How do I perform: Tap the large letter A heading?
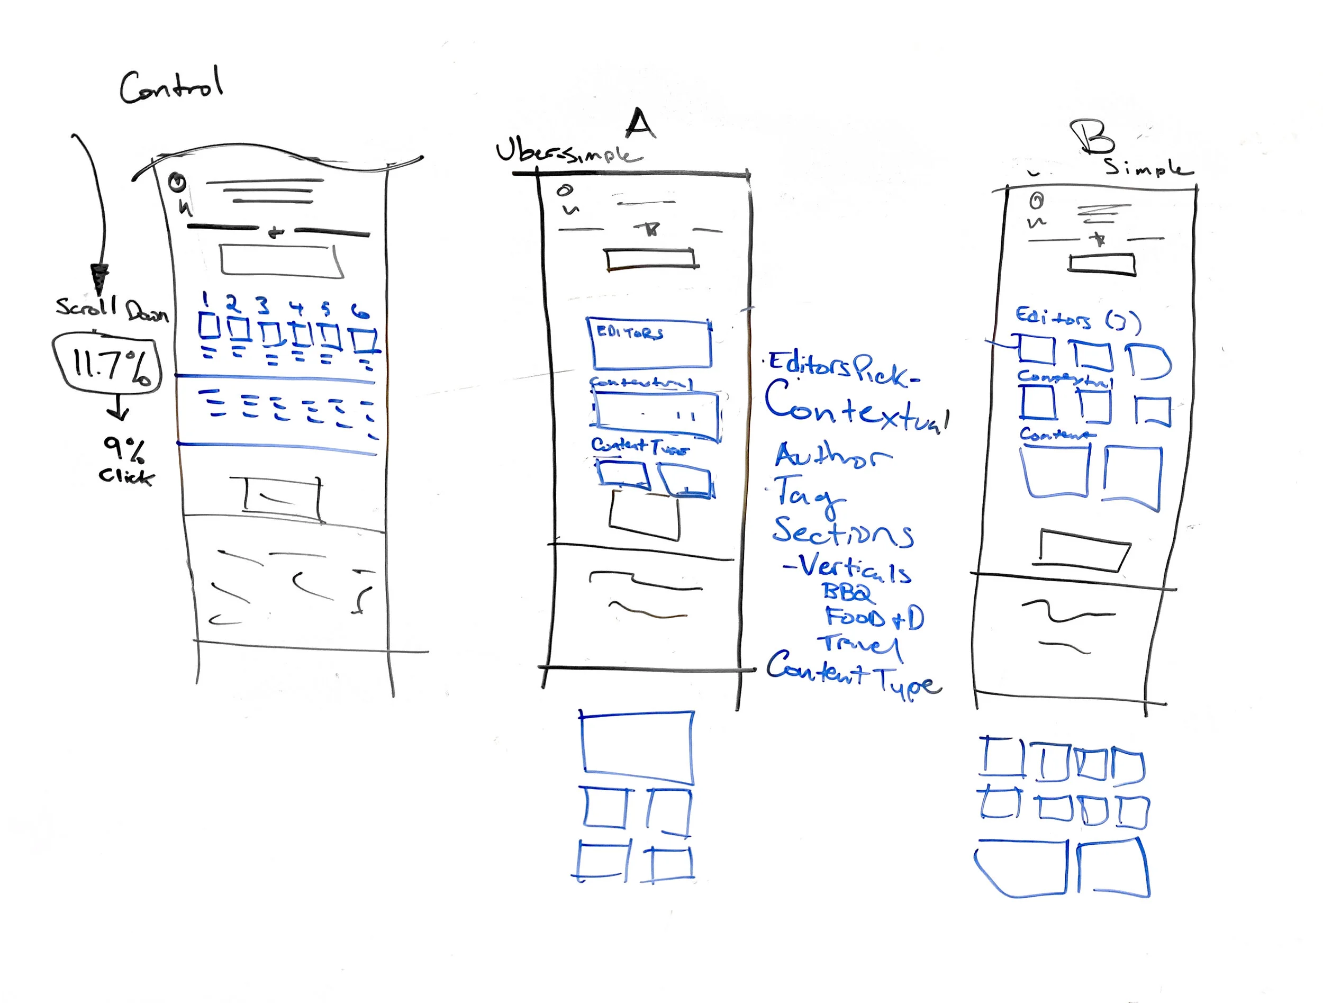pos(640,124)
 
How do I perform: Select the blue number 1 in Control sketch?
pos(205,299)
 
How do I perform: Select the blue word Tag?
pos(808,496)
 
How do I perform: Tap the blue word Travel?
pos(860,645)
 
